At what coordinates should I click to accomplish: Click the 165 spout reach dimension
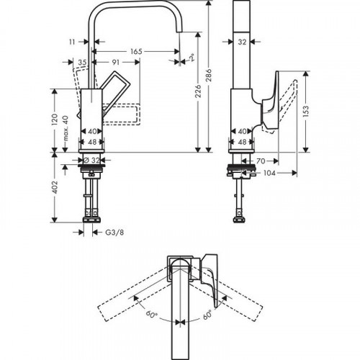[137, 51]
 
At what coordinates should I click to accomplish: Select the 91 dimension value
[115, 64]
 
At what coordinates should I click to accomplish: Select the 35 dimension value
[83, 64]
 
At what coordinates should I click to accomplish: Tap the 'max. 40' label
[66, 127]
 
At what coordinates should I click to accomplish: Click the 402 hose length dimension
[55, 189]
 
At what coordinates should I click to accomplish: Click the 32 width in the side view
[243, 42]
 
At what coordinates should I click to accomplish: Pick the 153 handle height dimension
[306, 112]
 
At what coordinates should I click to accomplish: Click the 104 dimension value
[269, 174]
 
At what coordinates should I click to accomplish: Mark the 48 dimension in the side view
[242, 143]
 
